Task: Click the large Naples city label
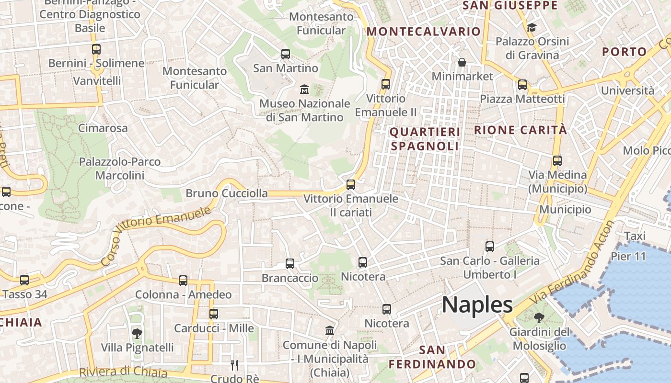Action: (x=477, y=305)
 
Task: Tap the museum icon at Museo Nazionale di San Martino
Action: (x=304, y=89)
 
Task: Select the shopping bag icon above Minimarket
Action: (x=462, y=62)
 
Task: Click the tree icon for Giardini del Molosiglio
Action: (x=539, y=318)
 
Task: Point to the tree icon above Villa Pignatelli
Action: (x=137, y=333)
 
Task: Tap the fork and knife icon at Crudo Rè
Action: (x=234, y=365)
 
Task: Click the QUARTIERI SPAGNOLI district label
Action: (x=425, y=139)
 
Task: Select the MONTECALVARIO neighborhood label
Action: (x=423, y=32)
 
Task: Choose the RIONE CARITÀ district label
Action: (x=521, y=130)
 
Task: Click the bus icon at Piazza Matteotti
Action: (x=522, y=85)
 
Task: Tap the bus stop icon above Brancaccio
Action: (x=290, y=264)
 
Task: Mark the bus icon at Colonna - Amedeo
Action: (x=183, y=281)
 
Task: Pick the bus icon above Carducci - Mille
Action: (x=214, y=314)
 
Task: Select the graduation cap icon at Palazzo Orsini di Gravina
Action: (x=532, y=27)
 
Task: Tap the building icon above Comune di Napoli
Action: (x=330, y=331)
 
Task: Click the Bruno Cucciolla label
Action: (x=227, y=193)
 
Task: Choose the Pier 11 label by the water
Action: (x=628, y=256)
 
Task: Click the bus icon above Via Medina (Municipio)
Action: (x=557, y=161)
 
